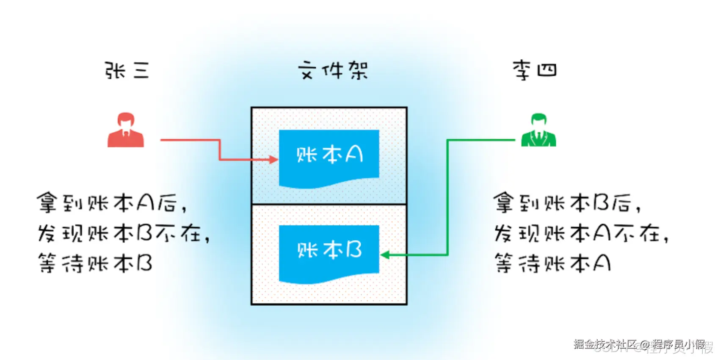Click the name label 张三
(x=127, y=70)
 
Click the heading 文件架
(x=333, y=70)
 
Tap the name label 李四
(x=535, y=70)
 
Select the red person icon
(x=126, y=130)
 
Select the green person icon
(x=538, y=130)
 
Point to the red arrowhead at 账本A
(x=273, y=160)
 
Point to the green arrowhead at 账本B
(x=385, y=255)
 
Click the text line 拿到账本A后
(x=112, y=202)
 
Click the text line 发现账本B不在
(x=124, y=233)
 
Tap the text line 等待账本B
(x=95, y=263)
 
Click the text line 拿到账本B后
(x=567, y=202)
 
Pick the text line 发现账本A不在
(x=581, y=233)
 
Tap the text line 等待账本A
(x=552, y=263)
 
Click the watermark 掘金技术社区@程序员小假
(x=639, y=344)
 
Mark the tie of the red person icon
(x=125, y=133)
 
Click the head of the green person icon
(x=539, y=120)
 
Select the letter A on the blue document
(x=354, y=154)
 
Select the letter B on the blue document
(x=354, y=250)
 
